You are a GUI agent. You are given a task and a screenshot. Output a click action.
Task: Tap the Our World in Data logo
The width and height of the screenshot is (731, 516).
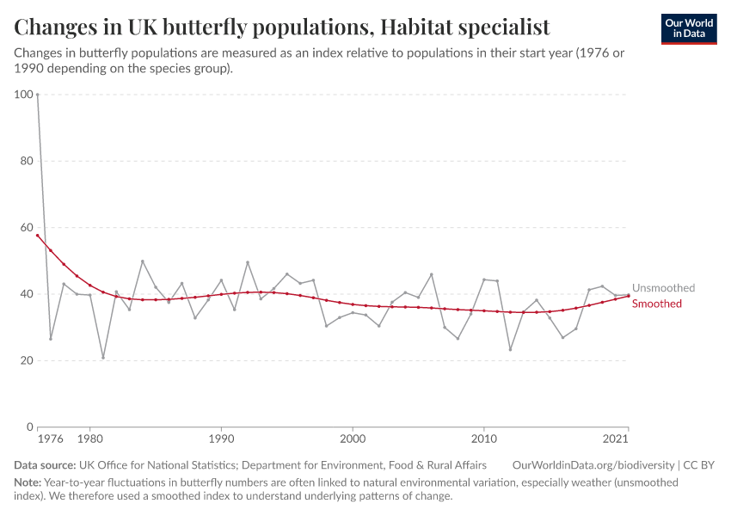click(x=689, y=28)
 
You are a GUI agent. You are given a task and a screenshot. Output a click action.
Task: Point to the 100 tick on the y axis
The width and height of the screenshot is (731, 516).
click(x=23, y=95)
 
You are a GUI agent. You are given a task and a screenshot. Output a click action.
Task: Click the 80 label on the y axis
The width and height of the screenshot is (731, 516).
click(x=26, y=161)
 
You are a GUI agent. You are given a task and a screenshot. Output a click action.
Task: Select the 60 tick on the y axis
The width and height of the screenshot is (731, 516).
click(x=26, y=228)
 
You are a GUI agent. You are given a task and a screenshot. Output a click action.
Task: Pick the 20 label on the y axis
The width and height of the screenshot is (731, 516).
click(x=26, y=360)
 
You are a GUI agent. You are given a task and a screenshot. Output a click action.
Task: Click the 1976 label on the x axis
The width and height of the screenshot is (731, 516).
click(x=51, y=439)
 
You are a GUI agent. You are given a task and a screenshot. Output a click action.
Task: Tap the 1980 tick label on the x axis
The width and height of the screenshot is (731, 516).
click(x=90, y=439)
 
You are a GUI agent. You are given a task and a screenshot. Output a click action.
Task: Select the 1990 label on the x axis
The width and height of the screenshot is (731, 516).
click(x=221, y=439)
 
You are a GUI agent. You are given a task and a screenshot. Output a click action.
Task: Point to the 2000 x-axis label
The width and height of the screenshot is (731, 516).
click(x=353, y=439)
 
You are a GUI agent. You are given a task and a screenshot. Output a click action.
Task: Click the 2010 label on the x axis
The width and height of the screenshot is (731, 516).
click(x=484, y=439)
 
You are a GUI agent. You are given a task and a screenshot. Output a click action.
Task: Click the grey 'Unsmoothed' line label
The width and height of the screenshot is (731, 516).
click(x=663, y=288)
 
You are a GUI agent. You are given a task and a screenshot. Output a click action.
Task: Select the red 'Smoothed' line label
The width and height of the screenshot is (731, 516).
click(x=657, y=304)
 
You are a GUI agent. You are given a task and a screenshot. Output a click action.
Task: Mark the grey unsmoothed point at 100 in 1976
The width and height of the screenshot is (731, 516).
click(x=38, y=95)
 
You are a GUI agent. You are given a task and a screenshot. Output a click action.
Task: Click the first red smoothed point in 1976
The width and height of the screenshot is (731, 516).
click(x=38, y=235)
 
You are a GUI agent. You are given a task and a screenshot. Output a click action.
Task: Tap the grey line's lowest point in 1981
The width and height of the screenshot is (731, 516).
click(x=103, y=358)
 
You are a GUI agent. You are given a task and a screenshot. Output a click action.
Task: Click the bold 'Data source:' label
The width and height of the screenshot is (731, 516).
click(x=45, y=465)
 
